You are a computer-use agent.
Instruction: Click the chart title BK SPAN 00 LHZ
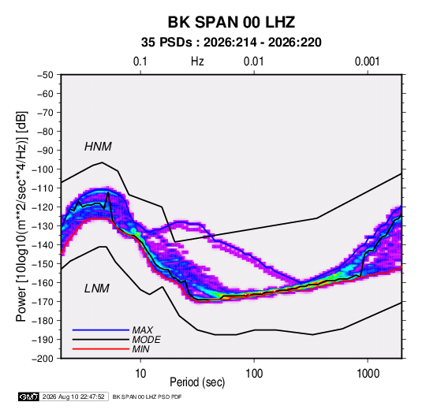pyautogui.click(x=231, y=22)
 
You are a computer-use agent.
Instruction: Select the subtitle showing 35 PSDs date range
pyautogui.click(x=231, y=43)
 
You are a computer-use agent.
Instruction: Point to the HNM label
pyautogui.click(x=98, y=147)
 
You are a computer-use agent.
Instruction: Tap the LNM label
pyautogui.click(x=97, y=289)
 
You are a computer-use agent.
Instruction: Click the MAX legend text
pyautogui.click(x=143, y=330)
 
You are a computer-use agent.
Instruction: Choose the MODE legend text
pyautogui.click(x=147, y=340)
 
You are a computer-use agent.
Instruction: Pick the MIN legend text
pyautogui.click(x=140, y=349)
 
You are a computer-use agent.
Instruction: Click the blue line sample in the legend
pyautogui.click(x=101, y=330)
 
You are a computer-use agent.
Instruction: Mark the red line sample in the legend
pyautogui.click(x=101, y=349)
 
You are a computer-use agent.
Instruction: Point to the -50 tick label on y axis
pyautogui.click(x=45, y=75)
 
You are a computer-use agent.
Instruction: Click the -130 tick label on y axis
pyautogui.click(x=43, y=226)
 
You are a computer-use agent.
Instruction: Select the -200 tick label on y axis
pyautogui.click(x=43, y=359)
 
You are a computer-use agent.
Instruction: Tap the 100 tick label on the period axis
pyautogui.click(x=254, y=374)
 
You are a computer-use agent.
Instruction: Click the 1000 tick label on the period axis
pyautogui.click(x=368, y=374)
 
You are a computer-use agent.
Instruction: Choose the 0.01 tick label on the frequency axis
pyautogui.click(x=253, y=61)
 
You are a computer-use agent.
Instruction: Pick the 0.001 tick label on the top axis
pyautogui.click(x=367, y=61)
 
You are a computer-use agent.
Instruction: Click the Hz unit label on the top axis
pyautogui.click(x=197, y=61)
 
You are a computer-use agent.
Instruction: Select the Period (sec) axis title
pyautogui.click(x=197, y=382)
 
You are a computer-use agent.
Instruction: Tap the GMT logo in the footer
pyautogui.click(x=28, y=397)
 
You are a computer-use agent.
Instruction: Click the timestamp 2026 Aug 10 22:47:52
pyautogui.click(x=73, y=397)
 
